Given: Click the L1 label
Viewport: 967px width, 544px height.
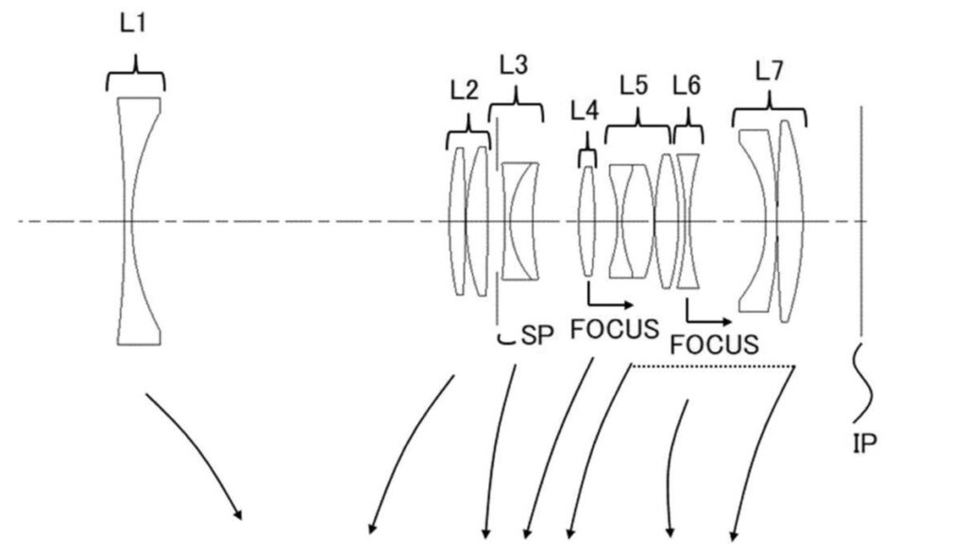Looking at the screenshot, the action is click(x=132, y=24).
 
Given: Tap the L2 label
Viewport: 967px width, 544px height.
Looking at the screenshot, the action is click(x=464, y=91).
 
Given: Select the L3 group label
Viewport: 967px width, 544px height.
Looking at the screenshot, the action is click(x=513, y=64).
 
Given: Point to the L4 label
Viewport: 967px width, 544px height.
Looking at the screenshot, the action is click(x=584, y=111).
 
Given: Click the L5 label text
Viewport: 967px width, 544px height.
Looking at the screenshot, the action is click(x=634, y=86).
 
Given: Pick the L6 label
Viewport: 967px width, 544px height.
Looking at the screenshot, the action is click(x=687, y=85).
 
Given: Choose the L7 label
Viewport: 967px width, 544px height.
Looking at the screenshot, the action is click(x=769, y=72).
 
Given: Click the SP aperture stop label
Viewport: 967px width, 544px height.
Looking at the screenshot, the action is click(x=537, y=335).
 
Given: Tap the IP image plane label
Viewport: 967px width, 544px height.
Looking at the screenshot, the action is click(x=865, y=444).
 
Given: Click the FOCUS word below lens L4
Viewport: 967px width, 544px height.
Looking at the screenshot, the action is click(x=614, y=329).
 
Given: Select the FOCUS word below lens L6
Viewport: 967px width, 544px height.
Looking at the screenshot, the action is click(x=714, y=344).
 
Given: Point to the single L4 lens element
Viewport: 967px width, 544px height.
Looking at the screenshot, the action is click(x=587, y=221).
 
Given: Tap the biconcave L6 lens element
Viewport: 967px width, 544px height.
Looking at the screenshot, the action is click(x=687, y=221).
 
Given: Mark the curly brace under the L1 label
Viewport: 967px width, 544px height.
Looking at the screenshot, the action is click(x=135, y=75).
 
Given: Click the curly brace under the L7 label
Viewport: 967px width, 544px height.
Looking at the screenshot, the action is click(x=770, y=110).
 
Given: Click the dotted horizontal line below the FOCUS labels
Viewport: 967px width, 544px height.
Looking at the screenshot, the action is click(x=714, y=366).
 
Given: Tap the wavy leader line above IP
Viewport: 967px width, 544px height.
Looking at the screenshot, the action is click(x=862, y=383).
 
